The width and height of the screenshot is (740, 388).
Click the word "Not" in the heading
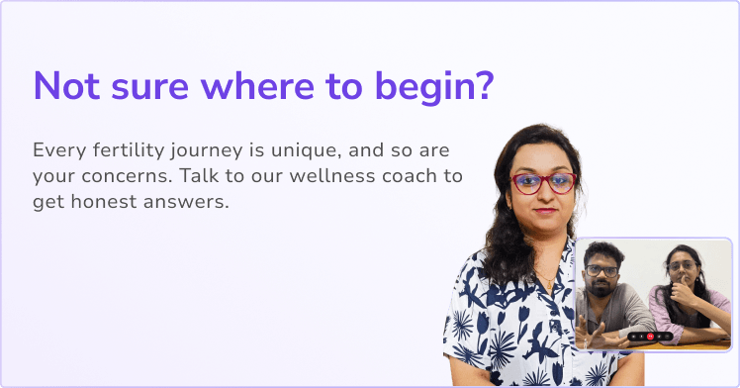click(x=66, y=85)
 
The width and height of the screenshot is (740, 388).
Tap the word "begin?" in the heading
click(x=434, y=88)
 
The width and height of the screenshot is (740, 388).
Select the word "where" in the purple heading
click(x=257, y=85)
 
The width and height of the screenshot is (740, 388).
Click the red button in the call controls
click(x=650, y=337)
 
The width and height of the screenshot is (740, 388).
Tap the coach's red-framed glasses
click(x=544, y=183)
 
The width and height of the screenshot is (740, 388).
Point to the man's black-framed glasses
click(x=601, y=271)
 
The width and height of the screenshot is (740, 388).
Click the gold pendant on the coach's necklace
click(x=550, y=284)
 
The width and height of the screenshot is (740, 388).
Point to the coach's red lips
click(x=545, y=211)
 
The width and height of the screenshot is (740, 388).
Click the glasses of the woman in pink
click(x=682, y=266)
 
